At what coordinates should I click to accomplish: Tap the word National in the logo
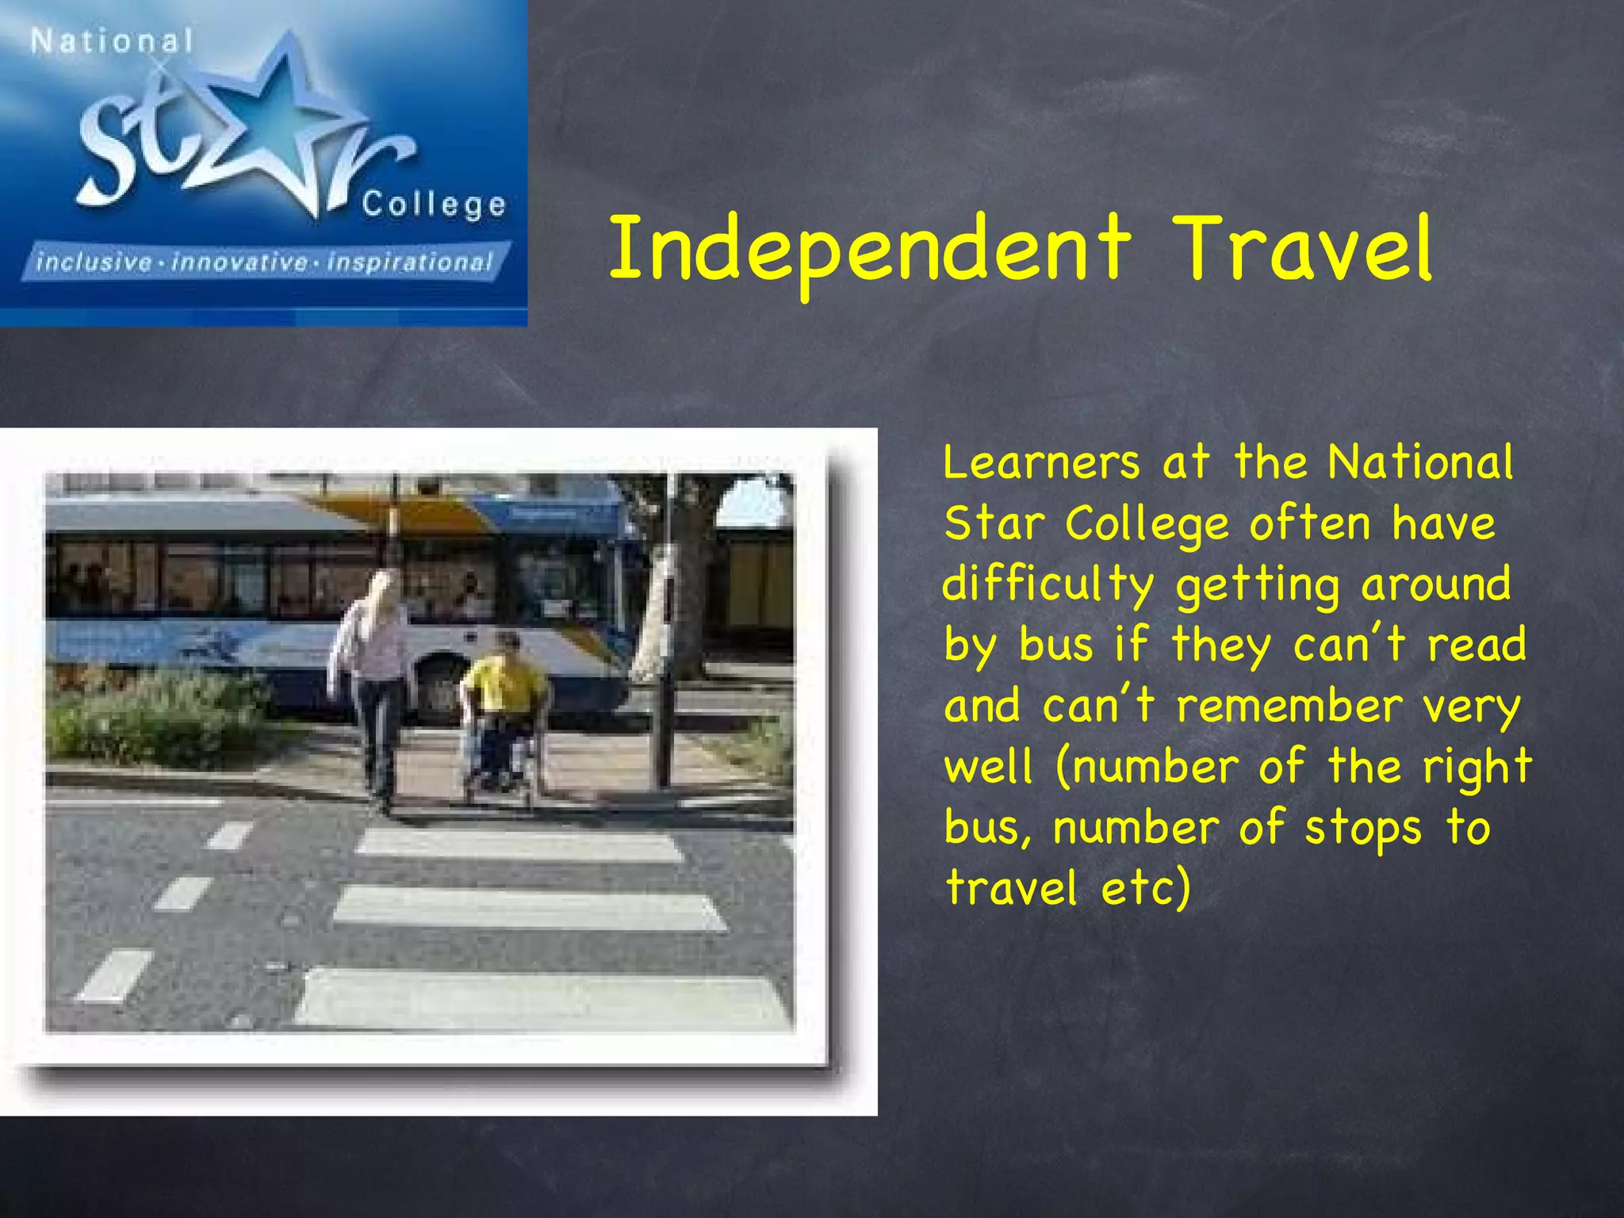112,41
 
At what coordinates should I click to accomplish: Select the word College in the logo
434,205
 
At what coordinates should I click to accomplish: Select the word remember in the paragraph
1289,707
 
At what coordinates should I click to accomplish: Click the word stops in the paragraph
1364,829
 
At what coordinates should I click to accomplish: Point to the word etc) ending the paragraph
1147,888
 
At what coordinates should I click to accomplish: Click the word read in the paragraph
1476,645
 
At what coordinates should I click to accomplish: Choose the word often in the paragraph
1309,524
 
